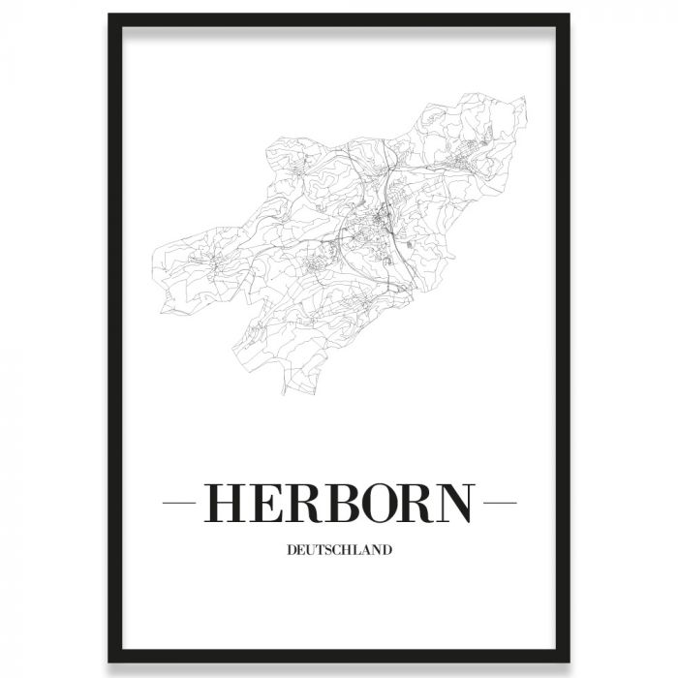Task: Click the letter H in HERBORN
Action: tap(225, 503)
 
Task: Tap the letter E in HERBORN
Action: tap(264, 503)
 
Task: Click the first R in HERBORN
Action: tap(302, 503)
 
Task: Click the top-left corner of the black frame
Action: tap(110, 16)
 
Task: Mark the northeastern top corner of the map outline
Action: tap(525, 96)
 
